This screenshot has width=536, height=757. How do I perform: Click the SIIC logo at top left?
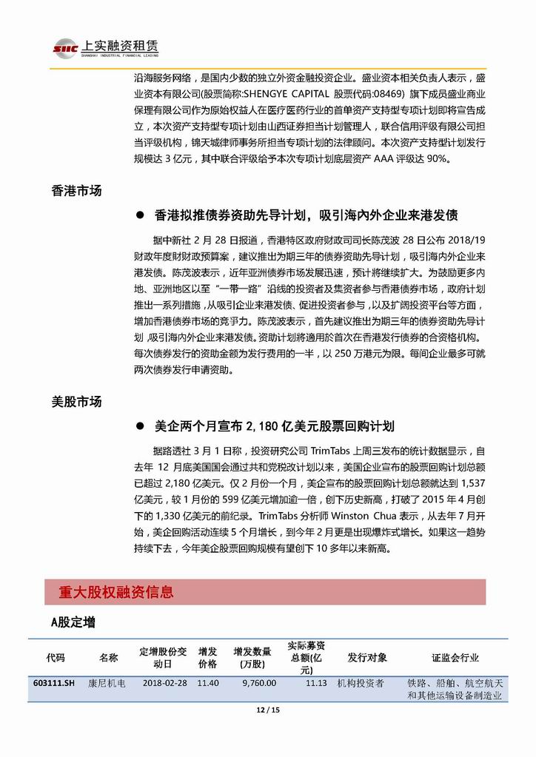[x=62, y=48]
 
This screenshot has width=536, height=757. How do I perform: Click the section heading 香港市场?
[x=76, y=190]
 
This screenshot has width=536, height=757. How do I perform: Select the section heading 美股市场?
[x=76, y=402]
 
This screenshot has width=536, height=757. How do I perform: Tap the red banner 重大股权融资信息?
[x=116, y=592]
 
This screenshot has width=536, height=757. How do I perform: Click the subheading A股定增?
[x=73, y=622]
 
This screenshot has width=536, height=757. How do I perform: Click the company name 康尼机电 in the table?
[x=107, y=683]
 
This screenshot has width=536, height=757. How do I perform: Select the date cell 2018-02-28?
[x=164, y=683]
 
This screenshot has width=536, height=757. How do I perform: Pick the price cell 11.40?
[x=208, y=683]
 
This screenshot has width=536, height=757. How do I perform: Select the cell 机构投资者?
[x=361, y=683]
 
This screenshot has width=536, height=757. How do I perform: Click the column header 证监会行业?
[x=455, y=657]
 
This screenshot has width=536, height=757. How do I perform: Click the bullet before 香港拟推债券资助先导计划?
[x=139, y=215]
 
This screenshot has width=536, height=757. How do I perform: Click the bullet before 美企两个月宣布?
[x=139, y=426]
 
